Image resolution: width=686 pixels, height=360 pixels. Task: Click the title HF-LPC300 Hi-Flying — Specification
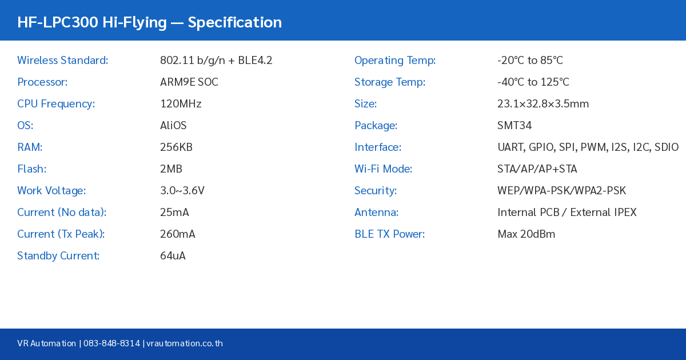(x=149, y=22)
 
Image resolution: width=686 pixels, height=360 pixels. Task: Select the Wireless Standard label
(x=62, y=61)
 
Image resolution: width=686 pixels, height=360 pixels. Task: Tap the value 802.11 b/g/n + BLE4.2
(x=216, y=61)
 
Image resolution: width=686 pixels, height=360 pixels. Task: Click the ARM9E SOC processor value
(x=189, y=82)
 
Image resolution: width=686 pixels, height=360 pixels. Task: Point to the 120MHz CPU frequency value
(x=181, y=104)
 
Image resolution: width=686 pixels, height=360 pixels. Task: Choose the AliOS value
(x=173, y=126)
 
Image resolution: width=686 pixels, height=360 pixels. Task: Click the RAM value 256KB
(x=176, y=147)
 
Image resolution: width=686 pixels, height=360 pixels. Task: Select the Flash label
(x=31, y=169)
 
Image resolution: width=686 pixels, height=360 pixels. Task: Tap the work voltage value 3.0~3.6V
(x=182, y=191)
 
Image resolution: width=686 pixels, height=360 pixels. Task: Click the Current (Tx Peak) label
(x=61, y=234)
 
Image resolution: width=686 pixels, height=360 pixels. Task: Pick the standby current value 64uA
(x=173, y=256)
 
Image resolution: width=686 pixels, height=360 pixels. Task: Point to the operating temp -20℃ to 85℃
(x=530, y=61)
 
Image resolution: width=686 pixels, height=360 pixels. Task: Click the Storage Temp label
(x=389, y=82)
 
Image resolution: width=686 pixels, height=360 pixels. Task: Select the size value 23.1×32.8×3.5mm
(x=543, y=104)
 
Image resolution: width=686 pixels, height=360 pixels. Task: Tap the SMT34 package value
(x=514, y=126)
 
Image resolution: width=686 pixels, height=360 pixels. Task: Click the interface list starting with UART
(x=588, y=147)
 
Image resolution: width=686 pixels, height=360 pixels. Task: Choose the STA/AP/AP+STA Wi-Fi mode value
(x=537, y=169)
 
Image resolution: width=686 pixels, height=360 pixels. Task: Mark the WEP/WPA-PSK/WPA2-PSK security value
(x=561, y=191)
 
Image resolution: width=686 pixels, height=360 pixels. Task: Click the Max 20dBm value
(x=526, y=234)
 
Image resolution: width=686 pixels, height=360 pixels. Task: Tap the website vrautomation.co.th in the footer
(x=184, y=343)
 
